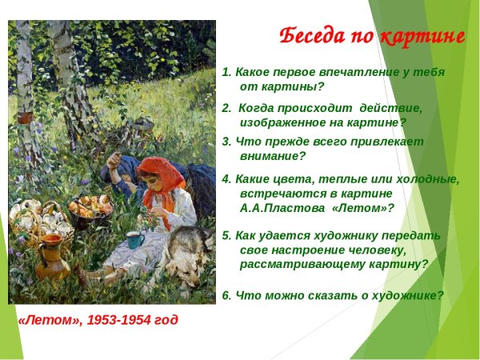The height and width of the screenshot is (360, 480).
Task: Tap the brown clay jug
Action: tap(53, 255)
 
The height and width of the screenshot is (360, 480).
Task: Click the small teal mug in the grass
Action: tap(134, 239)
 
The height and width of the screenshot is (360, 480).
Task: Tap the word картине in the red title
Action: tap(421, 36)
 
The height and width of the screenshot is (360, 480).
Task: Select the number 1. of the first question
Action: tap(227, 72)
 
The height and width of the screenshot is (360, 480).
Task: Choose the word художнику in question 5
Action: tap(358, 236)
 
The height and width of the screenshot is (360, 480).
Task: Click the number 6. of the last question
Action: tap(227, 295)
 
